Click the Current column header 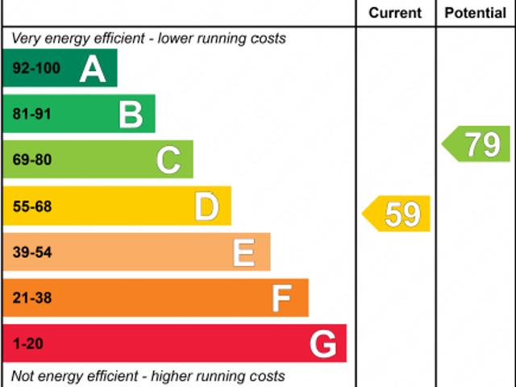coord(395,13)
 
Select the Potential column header coord(476,13)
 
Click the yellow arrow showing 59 coord(397,214)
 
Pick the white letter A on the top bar coord(93,69)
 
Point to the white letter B coord(131,114)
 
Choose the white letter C coord(169,160)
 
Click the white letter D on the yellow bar coord(206,207)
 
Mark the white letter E coord(244,253)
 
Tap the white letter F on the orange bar coord(281,299)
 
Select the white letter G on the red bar coord(322,345)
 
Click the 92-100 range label coord(36,69)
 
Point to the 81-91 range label coord(32,114)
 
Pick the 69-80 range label coord(32,160)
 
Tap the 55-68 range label coord(32,207)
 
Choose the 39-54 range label coord(32,253)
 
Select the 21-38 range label coord(32,299)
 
